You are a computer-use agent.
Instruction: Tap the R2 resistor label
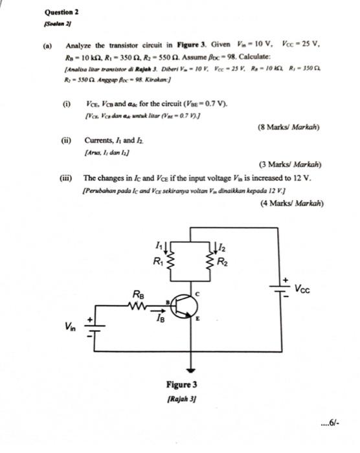(223, 262)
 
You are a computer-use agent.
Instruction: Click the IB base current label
(159, 318)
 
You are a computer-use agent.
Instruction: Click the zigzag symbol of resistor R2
(210, 262)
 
